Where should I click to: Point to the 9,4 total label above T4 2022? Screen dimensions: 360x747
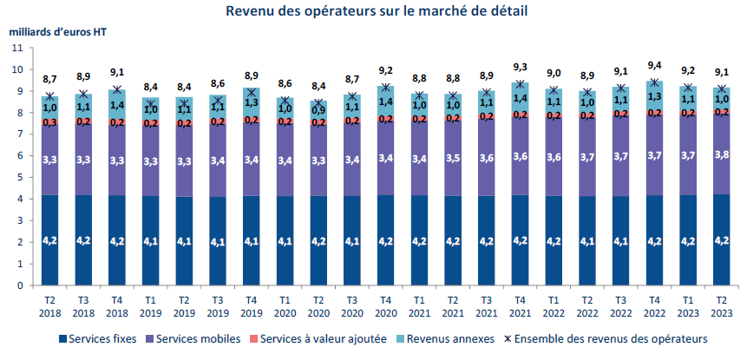[653, 64]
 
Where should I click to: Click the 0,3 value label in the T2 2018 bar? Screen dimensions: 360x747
[50, 123]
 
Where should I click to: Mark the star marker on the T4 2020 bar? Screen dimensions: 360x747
[385, 88]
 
